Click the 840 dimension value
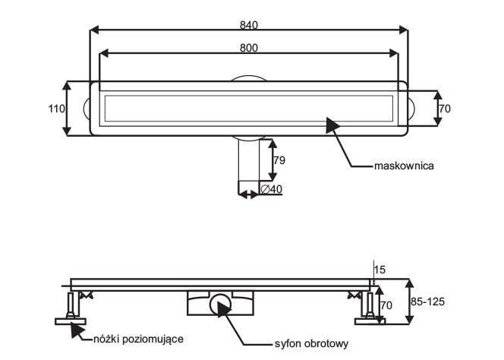(249, 25)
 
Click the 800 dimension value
(249, 48)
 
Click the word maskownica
(403, 166)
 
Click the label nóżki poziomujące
(138, 339)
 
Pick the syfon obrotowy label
(311, 343)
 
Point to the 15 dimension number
(382, 270)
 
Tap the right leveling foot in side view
(370, 308)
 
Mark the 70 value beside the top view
(445, 109)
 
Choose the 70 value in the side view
(386, 305)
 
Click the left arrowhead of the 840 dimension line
(94, 31)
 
